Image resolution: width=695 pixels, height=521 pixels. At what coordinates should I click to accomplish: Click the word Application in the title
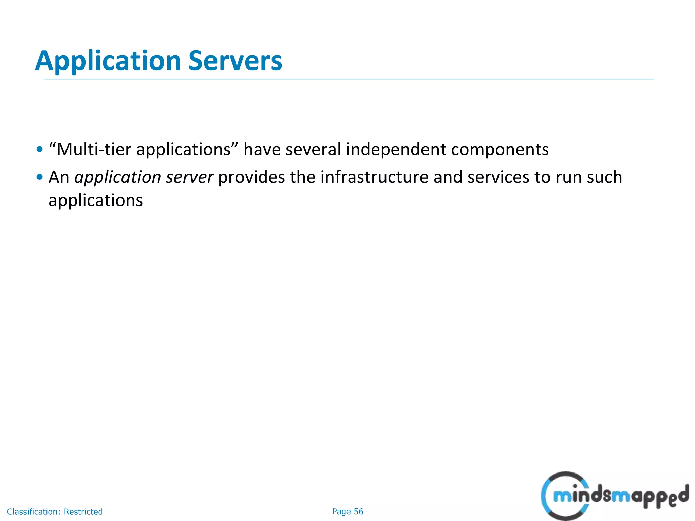[108, 61]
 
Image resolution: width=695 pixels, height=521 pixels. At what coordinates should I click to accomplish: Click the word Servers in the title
[235, 61]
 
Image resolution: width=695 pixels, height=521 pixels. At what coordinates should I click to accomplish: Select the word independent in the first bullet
[396, 149]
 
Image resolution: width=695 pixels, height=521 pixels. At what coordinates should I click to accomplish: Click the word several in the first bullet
[313, 149]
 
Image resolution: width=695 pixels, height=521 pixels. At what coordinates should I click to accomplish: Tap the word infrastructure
[374, 177]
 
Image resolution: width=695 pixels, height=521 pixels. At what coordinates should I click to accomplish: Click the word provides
[251, 177]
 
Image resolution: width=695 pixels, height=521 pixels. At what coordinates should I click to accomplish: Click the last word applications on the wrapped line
[96, 201]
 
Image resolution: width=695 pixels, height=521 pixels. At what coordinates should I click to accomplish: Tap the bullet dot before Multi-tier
[40, 149]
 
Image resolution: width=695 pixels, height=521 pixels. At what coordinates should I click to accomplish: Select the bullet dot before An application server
[40, 177]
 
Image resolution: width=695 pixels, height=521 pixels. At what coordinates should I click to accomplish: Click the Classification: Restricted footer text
[55, 512]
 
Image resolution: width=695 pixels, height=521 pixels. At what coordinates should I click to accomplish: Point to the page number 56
[358, 512]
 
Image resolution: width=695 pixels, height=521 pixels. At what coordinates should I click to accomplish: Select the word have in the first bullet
[262, 149]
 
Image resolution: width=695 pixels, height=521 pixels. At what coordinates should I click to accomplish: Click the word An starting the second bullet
[59, 177]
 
